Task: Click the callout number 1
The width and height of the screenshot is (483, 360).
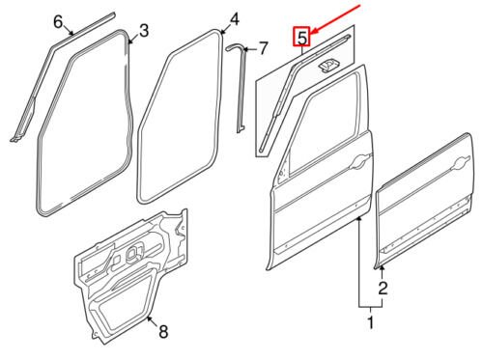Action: (x=371, y=322)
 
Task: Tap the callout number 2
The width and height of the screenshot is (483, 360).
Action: (x=383, y=288)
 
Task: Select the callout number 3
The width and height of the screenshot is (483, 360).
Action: (x=144, y=31)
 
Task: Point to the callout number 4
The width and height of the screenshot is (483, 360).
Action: (x=234, y=19)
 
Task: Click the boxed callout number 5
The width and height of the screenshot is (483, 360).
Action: (x=301, y=37)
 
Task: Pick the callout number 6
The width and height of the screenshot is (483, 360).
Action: (x=58, y=22)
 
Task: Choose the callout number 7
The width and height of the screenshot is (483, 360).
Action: (x=264, y=48)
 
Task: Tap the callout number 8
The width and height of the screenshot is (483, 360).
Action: (x=163, y=331)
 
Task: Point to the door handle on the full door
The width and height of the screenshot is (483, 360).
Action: (x=360, y=161)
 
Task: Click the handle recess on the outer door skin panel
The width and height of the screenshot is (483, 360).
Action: (x=462, y=163)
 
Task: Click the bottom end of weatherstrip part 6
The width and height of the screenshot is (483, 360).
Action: (x=14, y=139)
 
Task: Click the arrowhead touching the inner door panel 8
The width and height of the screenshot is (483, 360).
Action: (x=149, y=318)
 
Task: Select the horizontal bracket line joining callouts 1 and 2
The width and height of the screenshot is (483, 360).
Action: (x=371, y=308)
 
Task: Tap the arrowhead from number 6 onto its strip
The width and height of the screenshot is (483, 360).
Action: (x=72, y=33)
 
